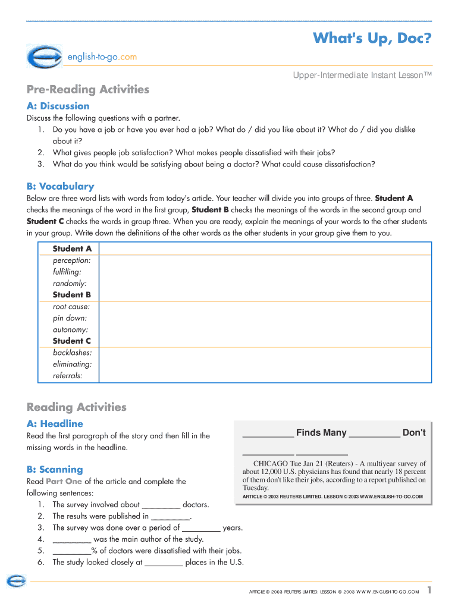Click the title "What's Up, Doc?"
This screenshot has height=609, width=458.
point(372,39)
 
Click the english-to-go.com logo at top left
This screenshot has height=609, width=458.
point(44,56)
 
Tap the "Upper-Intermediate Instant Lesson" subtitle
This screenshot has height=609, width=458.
point(362,75)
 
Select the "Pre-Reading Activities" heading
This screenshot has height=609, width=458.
point(88,90)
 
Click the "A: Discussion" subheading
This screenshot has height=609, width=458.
point(58,106)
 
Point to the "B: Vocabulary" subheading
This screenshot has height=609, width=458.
point(60,186)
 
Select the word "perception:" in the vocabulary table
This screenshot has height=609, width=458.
point(71,260)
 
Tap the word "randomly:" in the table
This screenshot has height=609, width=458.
point(70,284)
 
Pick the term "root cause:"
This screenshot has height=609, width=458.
point(71,307)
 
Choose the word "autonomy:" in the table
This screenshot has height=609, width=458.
point(70,329)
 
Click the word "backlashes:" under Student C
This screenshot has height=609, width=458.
point(72,353)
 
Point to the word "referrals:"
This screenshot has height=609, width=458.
point(68,376)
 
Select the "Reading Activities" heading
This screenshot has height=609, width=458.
point(77,407)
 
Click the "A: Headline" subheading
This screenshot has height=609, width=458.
point(55,424)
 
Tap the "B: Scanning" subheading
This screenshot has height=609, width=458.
point(55,470)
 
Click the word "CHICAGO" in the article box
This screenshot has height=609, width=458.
point(271,463)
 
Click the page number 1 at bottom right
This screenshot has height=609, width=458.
point(428,590)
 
